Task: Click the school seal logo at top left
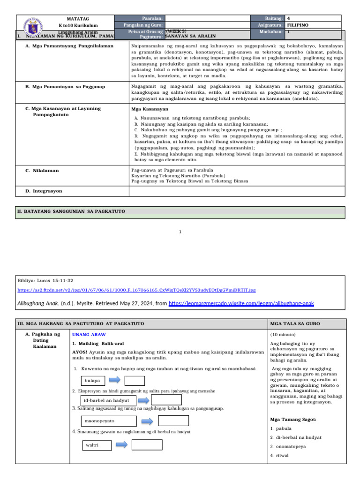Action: [x=31, y=26]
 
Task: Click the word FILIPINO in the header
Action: [x=298, y=25]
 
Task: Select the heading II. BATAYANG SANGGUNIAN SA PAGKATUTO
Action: [x=71, y=211]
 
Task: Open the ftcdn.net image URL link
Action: [x=136, y=290]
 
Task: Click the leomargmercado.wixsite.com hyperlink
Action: [x=241, y=303]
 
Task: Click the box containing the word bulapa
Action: [x=93, y=381]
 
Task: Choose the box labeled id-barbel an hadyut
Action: [x=108, y=400]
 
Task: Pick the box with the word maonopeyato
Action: [x=109, y=421]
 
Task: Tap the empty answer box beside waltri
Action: [x=147, y=444]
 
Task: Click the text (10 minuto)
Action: [x=284, y=335]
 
